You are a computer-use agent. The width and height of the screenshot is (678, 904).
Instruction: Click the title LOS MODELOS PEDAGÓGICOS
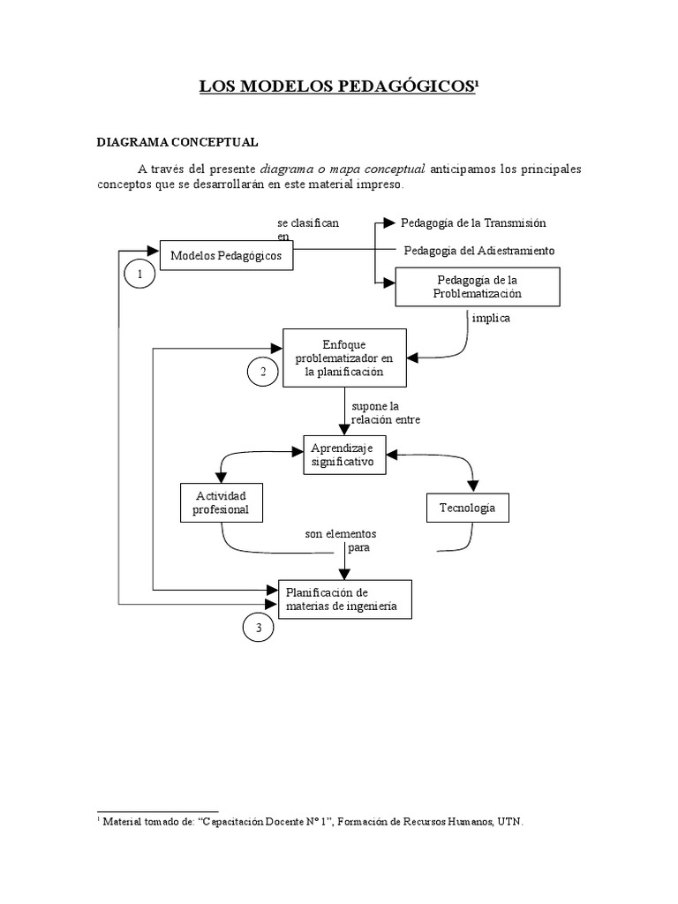[x=337, y=87]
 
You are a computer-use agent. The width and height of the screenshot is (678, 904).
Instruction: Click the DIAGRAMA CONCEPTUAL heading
[x=177, y=142]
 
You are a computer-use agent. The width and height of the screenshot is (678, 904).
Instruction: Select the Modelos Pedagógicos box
[x=226, y=255]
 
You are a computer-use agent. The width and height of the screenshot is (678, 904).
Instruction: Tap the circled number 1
[x=139, y=274]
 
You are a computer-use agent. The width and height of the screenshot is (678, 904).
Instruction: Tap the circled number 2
[x=263, y=372]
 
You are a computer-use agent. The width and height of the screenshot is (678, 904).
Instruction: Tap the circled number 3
[x=259, y=628]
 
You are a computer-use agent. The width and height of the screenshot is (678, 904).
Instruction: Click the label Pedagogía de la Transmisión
[x=473, y=223]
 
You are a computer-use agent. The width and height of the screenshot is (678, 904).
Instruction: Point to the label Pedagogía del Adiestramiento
[x=479, y=251]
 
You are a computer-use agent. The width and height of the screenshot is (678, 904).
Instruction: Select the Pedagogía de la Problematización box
[x=478, y=287]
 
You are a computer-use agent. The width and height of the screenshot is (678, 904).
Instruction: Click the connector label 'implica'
[x=491, y=318]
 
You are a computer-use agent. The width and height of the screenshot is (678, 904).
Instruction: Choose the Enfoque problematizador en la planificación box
[x=344, y=358]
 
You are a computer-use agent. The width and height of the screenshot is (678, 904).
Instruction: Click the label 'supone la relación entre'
[x=386, y=413]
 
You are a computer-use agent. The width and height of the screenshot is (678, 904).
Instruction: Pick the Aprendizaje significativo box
[x=344, y=455]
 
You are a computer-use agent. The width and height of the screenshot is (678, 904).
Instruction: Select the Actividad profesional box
[x=222, y=502]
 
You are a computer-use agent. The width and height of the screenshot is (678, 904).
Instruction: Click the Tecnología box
[x=468, y=508]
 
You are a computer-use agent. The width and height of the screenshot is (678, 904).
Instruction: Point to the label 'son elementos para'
[x=341, y=541]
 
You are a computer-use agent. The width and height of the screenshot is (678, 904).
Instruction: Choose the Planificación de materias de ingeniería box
[x=345, y=599]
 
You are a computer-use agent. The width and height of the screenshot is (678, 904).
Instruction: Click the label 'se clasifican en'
[x=308, y=230]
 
